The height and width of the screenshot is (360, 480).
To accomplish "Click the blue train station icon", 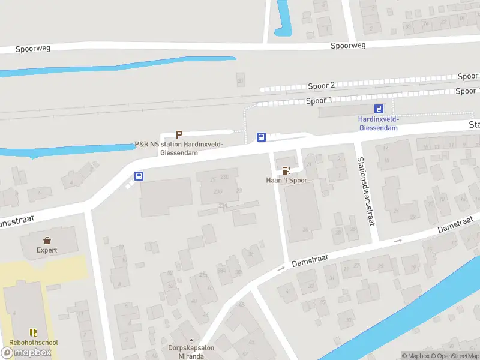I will click(x=379, y=109).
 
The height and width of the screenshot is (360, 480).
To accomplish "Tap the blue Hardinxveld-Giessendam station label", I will click(x=379, y=123).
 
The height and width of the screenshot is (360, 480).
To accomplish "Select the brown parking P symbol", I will click(x=178, y=134).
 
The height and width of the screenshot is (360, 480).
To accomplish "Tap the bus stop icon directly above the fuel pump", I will click(x=262, y=137).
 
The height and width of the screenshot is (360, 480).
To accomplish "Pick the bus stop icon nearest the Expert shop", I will click(x=139, y=176).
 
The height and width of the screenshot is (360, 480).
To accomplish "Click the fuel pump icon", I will click(x=286, y=170).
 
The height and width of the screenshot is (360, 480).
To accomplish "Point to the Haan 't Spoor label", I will click(x=286, y=180).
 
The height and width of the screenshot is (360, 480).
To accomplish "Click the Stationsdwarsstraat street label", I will click(x=365, y=191).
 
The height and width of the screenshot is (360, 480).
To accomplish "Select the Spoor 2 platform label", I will click(x=322, y=86).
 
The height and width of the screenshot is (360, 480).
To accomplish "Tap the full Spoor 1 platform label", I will click(x=319, y=100).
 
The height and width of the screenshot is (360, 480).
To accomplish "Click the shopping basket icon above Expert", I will click(x=47, y=240).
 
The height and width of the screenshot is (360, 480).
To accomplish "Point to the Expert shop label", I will click(x=47, y=250).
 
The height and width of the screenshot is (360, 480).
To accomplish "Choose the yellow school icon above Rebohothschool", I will click(x=34, y=332).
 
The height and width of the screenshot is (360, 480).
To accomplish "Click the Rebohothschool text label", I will click(x=34, y=343).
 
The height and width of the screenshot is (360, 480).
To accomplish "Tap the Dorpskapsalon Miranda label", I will click(x=191, y=352).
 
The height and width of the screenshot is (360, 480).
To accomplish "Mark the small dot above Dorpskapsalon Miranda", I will click(x=191, y=340).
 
